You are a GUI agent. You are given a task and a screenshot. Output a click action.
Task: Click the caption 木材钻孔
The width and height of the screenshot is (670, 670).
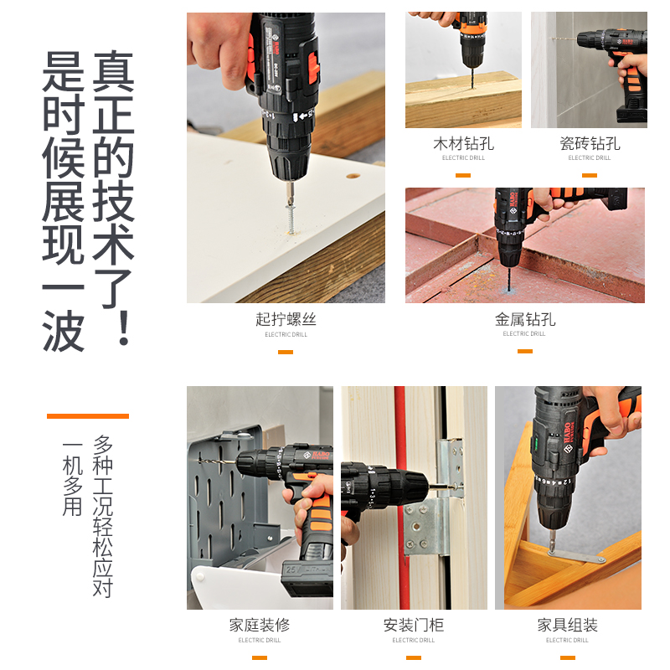click(x=463, y=144)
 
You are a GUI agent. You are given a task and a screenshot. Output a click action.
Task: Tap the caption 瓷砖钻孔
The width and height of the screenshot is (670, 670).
click(x=590, y=144)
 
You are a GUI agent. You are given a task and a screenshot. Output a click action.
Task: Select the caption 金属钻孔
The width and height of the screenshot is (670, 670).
click(x=525, y=320)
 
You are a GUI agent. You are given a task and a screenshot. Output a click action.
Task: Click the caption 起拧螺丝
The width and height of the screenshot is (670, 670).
click(x=286, y=320)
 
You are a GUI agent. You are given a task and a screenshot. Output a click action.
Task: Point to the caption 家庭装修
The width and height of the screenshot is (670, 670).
click(x=260, y=626)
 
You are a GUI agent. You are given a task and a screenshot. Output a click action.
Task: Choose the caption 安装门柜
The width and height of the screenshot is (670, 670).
click(x=414, y=626)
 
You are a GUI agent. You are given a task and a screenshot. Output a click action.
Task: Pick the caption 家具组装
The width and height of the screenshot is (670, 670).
click(x=568, y=626)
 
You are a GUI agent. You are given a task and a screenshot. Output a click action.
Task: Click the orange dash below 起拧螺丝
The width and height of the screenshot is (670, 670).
click(x=286, y=352)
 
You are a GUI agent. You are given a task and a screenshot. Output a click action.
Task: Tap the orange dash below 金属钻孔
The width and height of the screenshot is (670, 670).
click(x=525, y=351)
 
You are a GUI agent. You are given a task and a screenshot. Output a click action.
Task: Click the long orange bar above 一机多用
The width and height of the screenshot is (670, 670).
click(x=88, y=415)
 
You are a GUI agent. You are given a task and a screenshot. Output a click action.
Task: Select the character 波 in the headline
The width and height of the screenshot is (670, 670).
click(x=64, y=330)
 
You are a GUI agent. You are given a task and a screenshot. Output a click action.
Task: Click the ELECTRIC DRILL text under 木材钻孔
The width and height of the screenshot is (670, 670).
click(x=463, y=158)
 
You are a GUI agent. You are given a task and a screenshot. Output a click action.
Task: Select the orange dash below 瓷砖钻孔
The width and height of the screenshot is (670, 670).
click(x=590, y=176)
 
